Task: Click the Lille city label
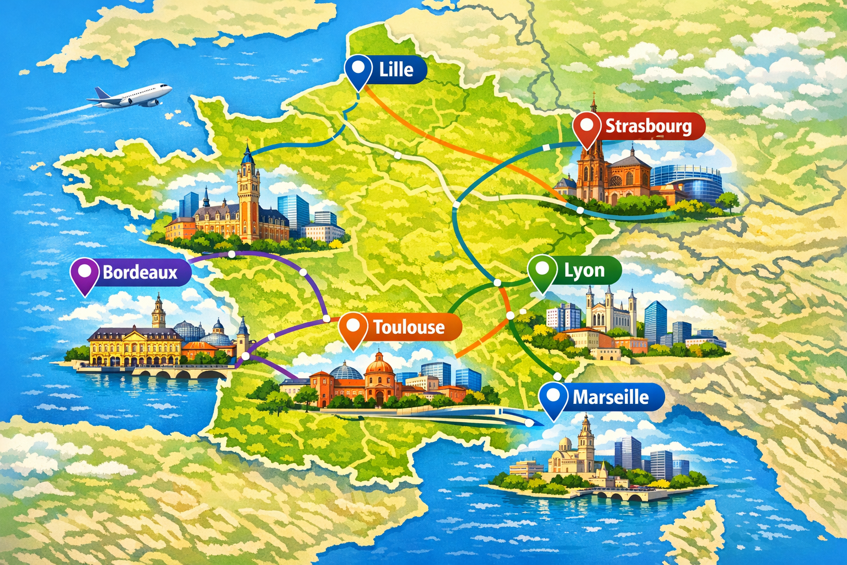pos(396,70)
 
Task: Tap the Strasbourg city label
pos(648,126)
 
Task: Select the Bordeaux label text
pos(140,273)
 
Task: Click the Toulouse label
pos(409,327)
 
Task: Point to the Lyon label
pos(584,270)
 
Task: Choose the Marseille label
pos(610,397)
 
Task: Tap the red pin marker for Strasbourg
pos(587,128)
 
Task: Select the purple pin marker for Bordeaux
pos(84,274)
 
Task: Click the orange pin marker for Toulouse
pos(353,328)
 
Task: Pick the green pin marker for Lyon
pos(542,271)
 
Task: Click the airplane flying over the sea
pos(132,96)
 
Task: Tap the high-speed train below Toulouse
pos(496,413)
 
